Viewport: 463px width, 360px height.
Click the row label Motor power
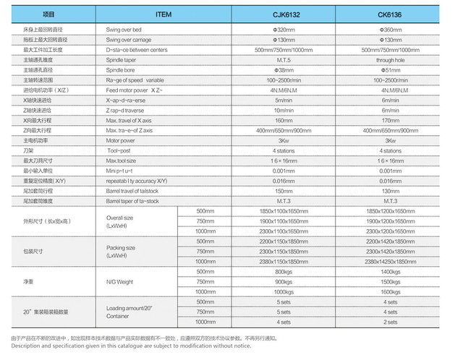pyautogui.click(x=122, y=140)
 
